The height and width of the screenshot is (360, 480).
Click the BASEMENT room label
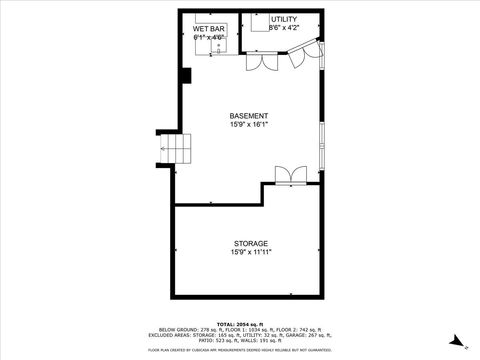coord(250,116)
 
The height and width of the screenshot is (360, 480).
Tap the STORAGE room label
coord(251,243)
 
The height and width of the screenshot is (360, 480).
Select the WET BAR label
coord(209,28)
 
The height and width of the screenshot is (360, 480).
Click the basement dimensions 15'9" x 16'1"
coord(250,125)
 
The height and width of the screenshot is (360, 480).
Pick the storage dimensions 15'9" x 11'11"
coord(251,252)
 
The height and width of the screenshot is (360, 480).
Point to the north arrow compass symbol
coord(455,341)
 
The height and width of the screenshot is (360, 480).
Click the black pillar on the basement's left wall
coord(185,76)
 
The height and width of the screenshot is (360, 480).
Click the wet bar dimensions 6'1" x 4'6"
coord(209,37)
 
